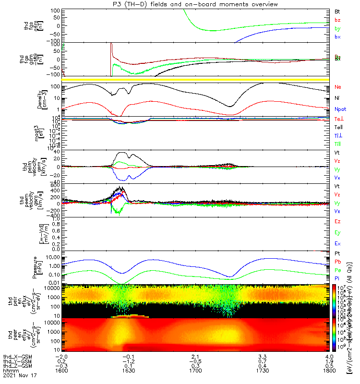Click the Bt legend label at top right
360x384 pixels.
[x=337, y=11]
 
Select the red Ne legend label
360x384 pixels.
[x=338, y=87]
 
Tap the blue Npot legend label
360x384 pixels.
[x=340, y=109]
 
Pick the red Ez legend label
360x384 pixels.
[x=337, y=221]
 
